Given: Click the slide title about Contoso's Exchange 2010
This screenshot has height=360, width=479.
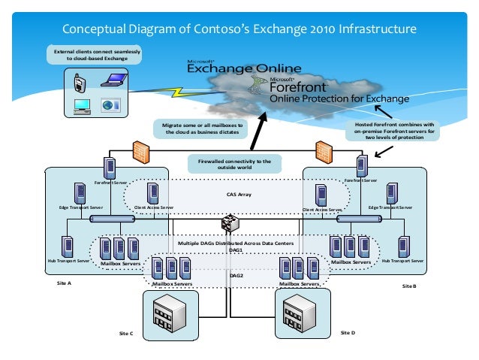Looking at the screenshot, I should tap(239, 30).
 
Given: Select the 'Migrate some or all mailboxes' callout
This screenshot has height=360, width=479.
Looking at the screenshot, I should tap(200, 128).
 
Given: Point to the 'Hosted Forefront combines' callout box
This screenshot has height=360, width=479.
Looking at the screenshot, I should tap(393, 129).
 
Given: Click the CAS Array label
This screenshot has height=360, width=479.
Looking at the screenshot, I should tap(239, 194).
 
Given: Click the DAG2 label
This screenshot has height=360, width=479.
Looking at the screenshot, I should tap(239, 276).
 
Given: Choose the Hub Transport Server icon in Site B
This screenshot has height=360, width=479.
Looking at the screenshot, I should tap(403, 247).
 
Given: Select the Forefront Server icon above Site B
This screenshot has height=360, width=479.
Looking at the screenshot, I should tap(362, 165).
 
